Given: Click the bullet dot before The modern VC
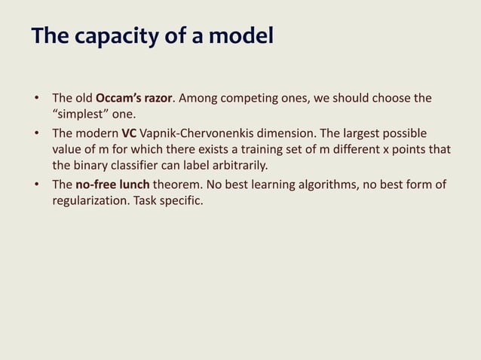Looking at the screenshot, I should [x=35, y=133].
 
